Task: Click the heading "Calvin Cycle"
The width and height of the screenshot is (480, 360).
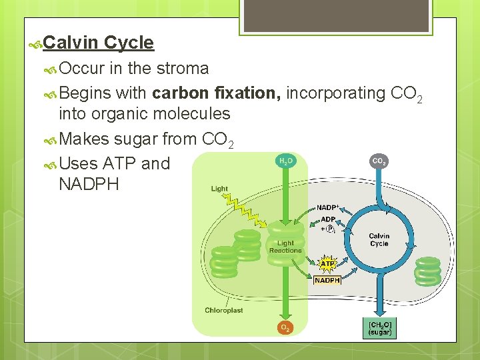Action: point(99,43)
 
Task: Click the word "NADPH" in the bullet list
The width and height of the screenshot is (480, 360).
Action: point(89,184)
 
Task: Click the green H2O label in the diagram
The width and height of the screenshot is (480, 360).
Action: point(285,161)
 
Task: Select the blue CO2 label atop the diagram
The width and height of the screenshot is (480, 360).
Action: point(379,161)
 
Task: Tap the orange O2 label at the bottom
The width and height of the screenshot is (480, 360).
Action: point(285,327)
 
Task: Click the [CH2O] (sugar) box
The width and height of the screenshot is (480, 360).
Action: point(380,327)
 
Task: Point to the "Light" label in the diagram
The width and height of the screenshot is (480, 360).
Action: point(219,189)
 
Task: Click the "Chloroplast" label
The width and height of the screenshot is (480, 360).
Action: point(224,310)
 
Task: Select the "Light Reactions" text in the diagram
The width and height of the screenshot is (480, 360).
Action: point(285,247)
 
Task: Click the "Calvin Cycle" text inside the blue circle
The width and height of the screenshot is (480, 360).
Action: point(379,239)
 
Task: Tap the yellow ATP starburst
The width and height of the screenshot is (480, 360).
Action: point(328,264)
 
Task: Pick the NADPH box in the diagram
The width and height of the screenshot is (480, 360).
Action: point(327,281)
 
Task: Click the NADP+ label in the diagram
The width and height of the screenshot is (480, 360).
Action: point(327,207)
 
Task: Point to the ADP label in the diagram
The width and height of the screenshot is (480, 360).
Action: point(328,219)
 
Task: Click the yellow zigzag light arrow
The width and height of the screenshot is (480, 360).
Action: point(247,210)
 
